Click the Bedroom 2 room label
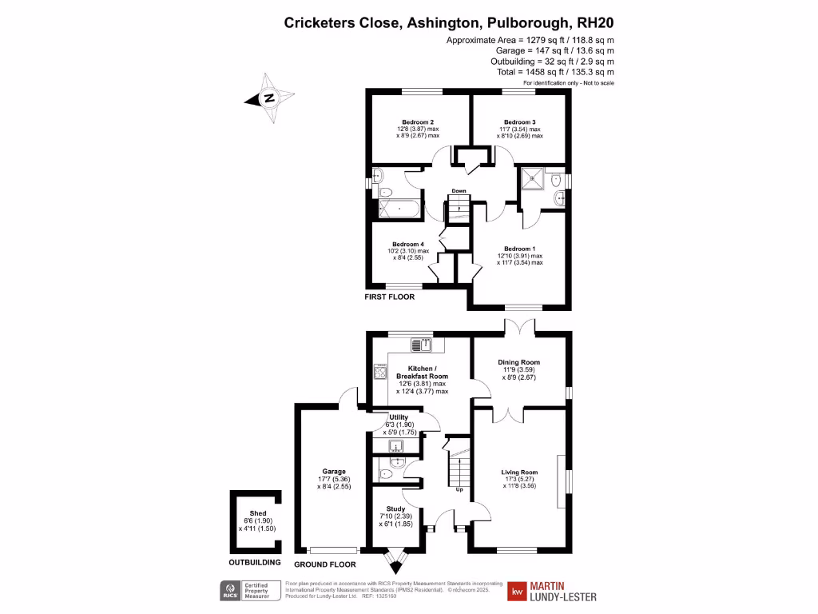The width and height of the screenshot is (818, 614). point(418,122)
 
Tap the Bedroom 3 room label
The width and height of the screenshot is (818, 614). point(519,122)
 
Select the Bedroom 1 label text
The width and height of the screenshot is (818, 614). point(519,249)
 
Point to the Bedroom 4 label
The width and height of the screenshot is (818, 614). point(407,245)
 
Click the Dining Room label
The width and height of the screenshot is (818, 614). point(519,362)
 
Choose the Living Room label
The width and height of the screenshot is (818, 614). point(519,472)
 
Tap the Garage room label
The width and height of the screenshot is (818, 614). point(334,472)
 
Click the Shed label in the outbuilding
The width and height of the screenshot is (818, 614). point(257,513)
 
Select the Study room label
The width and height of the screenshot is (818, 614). point(395,508)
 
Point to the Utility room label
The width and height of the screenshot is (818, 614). point(399,417)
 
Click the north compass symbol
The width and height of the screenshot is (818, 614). point(269,98)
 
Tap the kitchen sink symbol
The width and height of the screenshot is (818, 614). point(421,345)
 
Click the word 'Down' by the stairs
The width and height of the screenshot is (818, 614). point(459,191)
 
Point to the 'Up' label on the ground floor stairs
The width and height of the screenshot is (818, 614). point(459,489)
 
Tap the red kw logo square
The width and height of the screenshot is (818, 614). point(519,591)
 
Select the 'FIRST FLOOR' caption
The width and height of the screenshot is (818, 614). point(390,297)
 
